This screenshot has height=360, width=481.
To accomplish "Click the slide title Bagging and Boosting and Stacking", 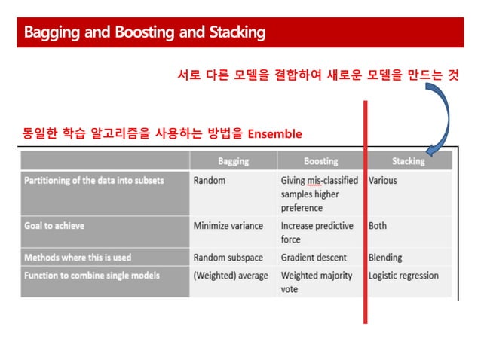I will point(145,32).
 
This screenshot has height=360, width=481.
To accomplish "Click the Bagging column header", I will point(233,161).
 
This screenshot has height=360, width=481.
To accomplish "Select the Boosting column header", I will point(320,161).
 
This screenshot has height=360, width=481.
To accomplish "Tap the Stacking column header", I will point(408,161).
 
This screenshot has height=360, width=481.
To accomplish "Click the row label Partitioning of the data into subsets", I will point(94,181).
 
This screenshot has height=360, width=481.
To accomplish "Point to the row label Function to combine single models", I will point(92,276).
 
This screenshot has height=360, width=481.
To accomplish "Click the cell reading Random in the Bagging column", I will point(210,181).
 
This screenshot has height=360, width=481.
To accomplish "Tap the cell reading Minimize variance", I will point(228,225).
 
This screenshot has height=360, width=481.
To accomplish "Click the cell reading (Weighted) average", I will point(231,276).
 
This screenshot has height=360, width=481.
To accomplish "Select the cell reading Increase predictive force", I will point(317,232).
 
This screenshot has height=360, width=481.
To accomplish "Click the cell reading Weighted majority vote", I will point(317,282).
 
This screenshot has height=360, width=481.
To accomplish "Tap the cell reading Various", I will point(383,181).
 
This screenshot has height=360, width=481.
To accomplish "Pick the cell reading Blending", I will point(385,257).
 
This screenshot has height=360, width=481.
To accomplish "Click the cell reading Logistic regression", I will point(403,276).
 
